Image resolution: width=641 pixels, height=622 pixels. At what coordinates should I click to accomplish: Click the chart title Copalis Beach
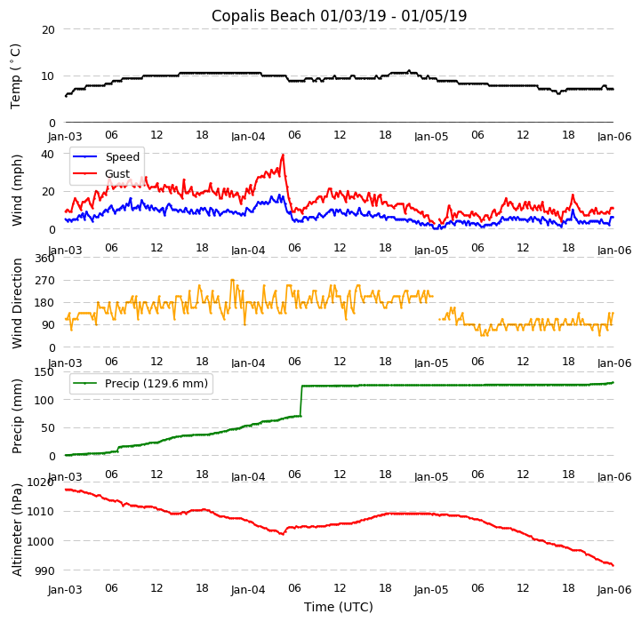point(339,16)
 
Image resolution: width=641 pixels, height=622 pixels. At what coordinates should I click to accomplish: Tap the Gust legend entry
point(116,174)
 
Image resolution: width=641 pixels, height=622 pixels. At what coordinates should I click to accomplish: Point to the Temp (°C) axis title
point(16,76)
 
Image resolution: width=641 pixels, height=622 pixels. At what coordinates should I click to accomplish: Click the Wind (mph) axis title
point(17,189)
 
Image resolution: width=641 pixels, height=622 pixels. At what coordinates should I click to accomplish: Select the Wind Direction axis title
point(17,303)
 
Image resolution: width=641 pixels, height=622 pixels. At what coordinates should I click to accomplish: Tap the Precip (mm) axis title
point(17,415)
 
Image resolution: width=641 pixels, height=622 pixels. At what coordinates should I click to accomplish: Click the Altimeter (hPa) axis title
point(17,530)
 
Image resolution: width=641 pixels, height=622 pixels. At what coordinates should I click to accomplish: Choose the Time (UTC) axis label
point(339,607)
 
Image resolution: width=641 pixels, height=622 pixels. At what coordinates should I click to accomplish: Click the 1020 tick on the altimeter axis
point(41,482)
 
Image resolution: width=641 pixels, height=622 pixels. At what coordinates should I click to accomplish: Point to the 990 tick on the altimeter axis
point(44,570)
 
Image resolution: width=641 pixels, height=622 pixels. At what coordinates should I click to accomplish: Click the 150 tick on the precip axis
point(44,371)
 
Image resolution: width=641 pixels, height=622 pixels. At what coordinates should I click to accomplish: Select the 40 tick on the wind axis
point(48,153)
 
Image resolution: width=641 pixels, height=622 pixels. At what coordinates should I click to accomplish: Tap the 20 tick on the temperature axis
point(48,29)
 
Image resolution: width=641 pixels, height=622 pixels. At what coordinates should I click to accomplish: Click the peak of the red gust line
point(283,155)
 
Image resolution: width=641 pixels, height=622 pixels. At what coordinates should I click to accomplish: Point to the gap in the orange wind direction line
point(436,307)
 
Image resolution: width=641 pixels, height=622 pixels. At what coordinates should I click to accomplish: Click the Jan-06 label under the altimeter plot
point(614,589)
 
